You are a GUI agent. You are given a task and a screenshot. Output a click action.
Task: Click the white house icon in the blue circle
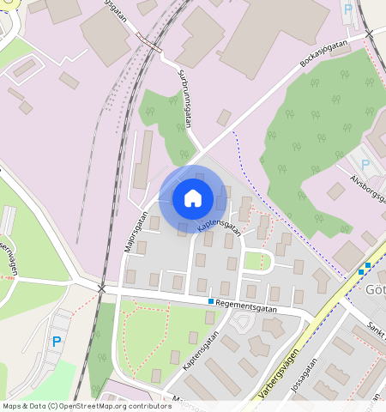pyautogui.click(x=193, y=198)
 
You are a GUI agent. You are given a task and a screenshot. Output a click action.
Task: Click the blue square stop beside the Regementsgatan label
pyautogui.click(x=210, y=301)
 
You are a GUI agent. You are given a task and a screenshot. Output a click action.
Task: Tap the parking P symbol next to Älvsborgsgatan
pyautogui.click(x=365, y=164)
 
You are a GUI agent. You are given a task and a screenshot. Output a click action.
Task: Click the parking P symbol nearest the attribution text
pyautogui.click(x=57, y=342)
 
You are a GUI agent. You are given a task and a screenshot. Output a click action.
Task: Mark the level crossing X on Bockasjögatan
pyautogui.click(x=370, y=34)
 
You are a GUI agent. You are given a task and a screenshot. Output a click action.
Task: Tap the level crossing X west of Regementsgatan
pyautogui.click(x=102, y=289)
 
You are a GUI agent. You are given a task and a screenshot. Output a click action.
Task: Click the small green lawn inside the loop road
pyautogui.click(x=254, y=259)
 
